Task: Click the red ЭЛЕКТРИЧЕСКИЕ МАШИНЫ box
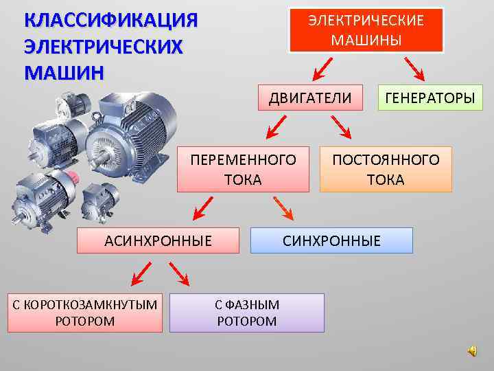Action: pyautogui.click(x=366, y=30)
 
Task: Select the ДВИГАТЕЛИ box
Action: pyautogui.click(x=310, y=98)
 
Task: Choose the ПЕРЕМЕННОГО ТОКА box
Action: pyautogui.click(x=244, y=169)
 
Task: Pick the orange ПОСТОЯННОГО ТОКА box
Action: pyautogui.click(x=386, y=169)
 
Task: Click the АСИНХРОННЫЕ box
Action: pyautogui.click(x=158, y=240)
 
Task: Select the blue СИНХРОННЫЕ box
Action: pyautogui.click(x=331, y=240)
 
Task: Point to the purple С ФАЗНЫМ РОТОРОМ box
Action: pyautogui.click(x=246, y=313)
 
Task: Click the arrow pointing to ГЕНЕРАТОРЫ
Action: pyautogui.click(x=414, y=67)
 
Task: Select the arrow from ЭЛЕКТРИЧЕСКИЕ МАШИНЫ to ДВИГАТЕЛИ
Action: pyautogui.click(x=323, y=67)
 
